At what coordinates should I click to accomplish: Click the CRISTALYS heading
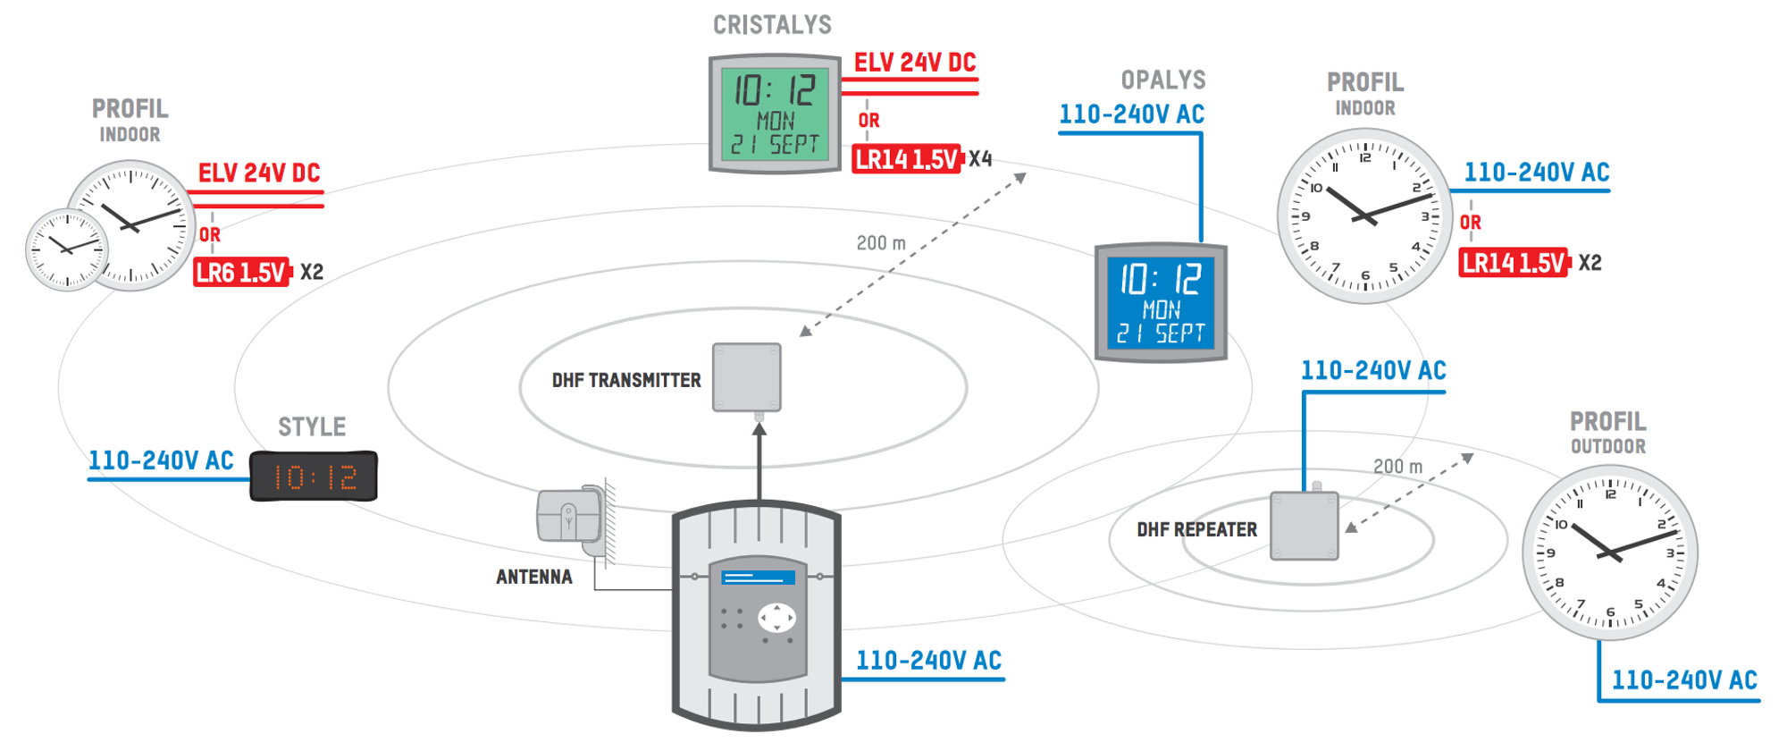[772, 25]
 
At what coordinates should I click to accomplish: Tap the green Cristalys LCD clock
[775, 114]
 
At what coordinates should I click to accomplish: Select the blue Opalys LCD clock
[1161, 303]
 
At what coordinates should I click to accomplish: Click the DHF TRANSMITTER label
[625, 381]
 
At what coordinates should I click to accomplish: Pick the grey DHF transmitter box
[747, 377]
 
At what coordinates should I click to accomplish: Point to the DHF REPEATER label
[1196, 530]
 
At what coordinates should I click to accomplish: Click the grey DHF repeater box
[1305, 526]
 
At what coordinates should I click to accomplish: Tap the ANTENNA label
[534, 578]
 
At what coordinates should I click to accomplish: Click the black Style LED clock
[314, 477]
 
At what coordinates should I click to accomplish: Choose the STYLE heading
[312, 427]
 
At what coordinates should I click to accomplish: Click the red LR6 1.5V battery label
[242, 273]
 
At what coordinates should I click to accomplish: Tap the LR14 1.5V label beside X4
[906, 160]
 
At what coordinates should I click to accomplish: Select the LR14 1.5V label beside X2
[1513, 264]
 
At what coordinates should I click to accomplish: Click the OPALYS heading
[1163, 80]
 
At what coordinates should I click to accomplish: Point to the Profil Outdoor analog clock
[1609, 553]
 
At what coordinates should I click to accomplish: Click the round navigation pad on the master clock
[776, 618]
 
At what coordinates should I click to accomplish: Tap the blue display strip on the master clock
[759, 578]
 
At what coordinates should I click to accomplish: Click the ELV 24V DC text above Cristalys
[915, 63]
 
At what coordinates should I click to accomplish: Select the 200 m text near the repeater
[1397, 467]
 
